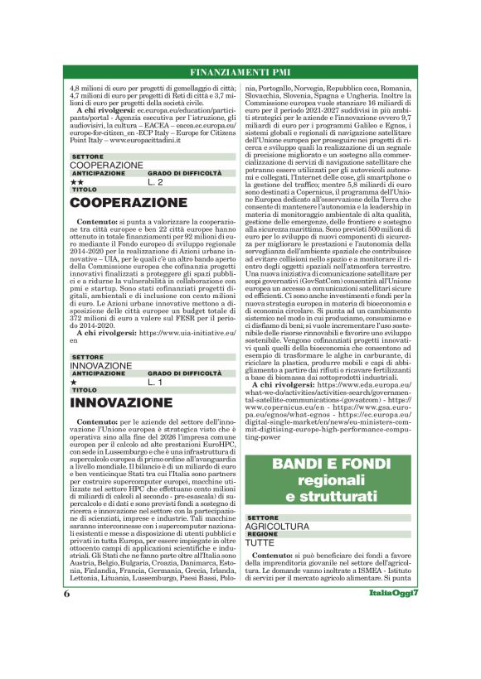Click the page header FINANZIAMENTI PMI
click(240, 71)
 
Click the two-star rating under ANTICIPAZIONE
click(76, 181)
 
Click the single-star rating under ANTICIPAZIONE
click(74, 382)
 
